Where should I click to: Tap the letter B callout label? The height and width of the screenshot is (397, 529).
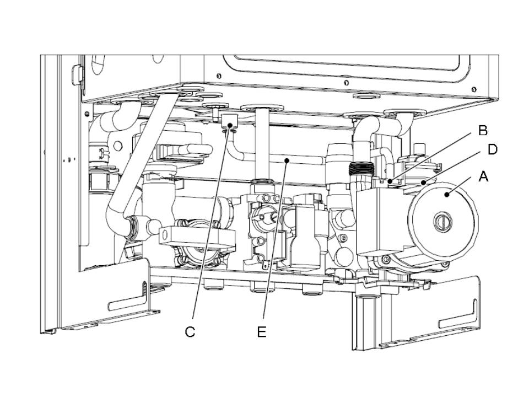(x=483, y=131)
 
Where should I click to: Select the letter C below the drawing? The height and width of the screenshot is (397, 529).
(x=190, y=332)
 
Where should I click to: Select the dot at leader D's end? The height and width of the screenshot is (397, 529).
(x=423, y=181)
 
